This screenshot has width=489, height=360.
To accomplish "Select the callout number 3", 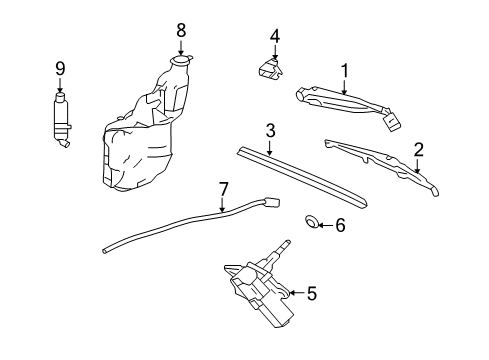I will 270,131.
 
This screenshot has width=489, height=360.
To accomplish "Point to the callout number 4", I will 274,37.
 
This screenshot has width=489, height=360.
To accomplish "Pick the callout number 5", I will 311,293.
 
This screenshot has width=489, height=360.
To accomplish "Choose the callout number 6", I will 339,226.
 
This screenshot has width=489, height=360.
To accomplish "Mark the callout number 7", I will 224,187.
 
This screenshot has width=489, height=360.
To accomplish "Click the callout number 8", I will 181,30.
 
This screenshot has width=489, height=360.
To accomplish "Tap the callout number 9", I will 59,68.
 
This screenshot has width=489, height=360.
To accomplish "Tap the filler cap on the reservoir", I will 181,63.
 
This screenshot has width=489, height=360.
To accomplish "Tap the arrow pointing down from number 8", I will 181,47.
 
